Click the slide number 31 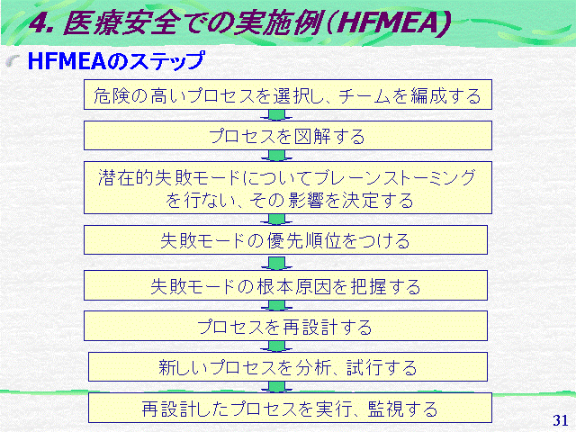tap(560, 420)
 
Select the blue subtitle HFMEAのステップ tap(116, 61)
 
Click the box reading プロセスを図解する tap(288, 136)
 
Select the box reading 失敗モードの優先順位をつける tap(285, 240)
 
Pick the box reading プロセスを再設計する tap(285, 326)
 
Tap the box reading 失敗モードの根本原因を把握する tap(285, 286)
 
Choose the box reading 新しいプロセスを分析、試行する tap(288, 367)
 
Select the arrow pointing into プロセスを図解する tap(276, 115)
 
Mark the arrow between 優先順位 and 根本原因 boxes tap(276, 263)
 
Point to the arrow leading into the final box tap(276, 387)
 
